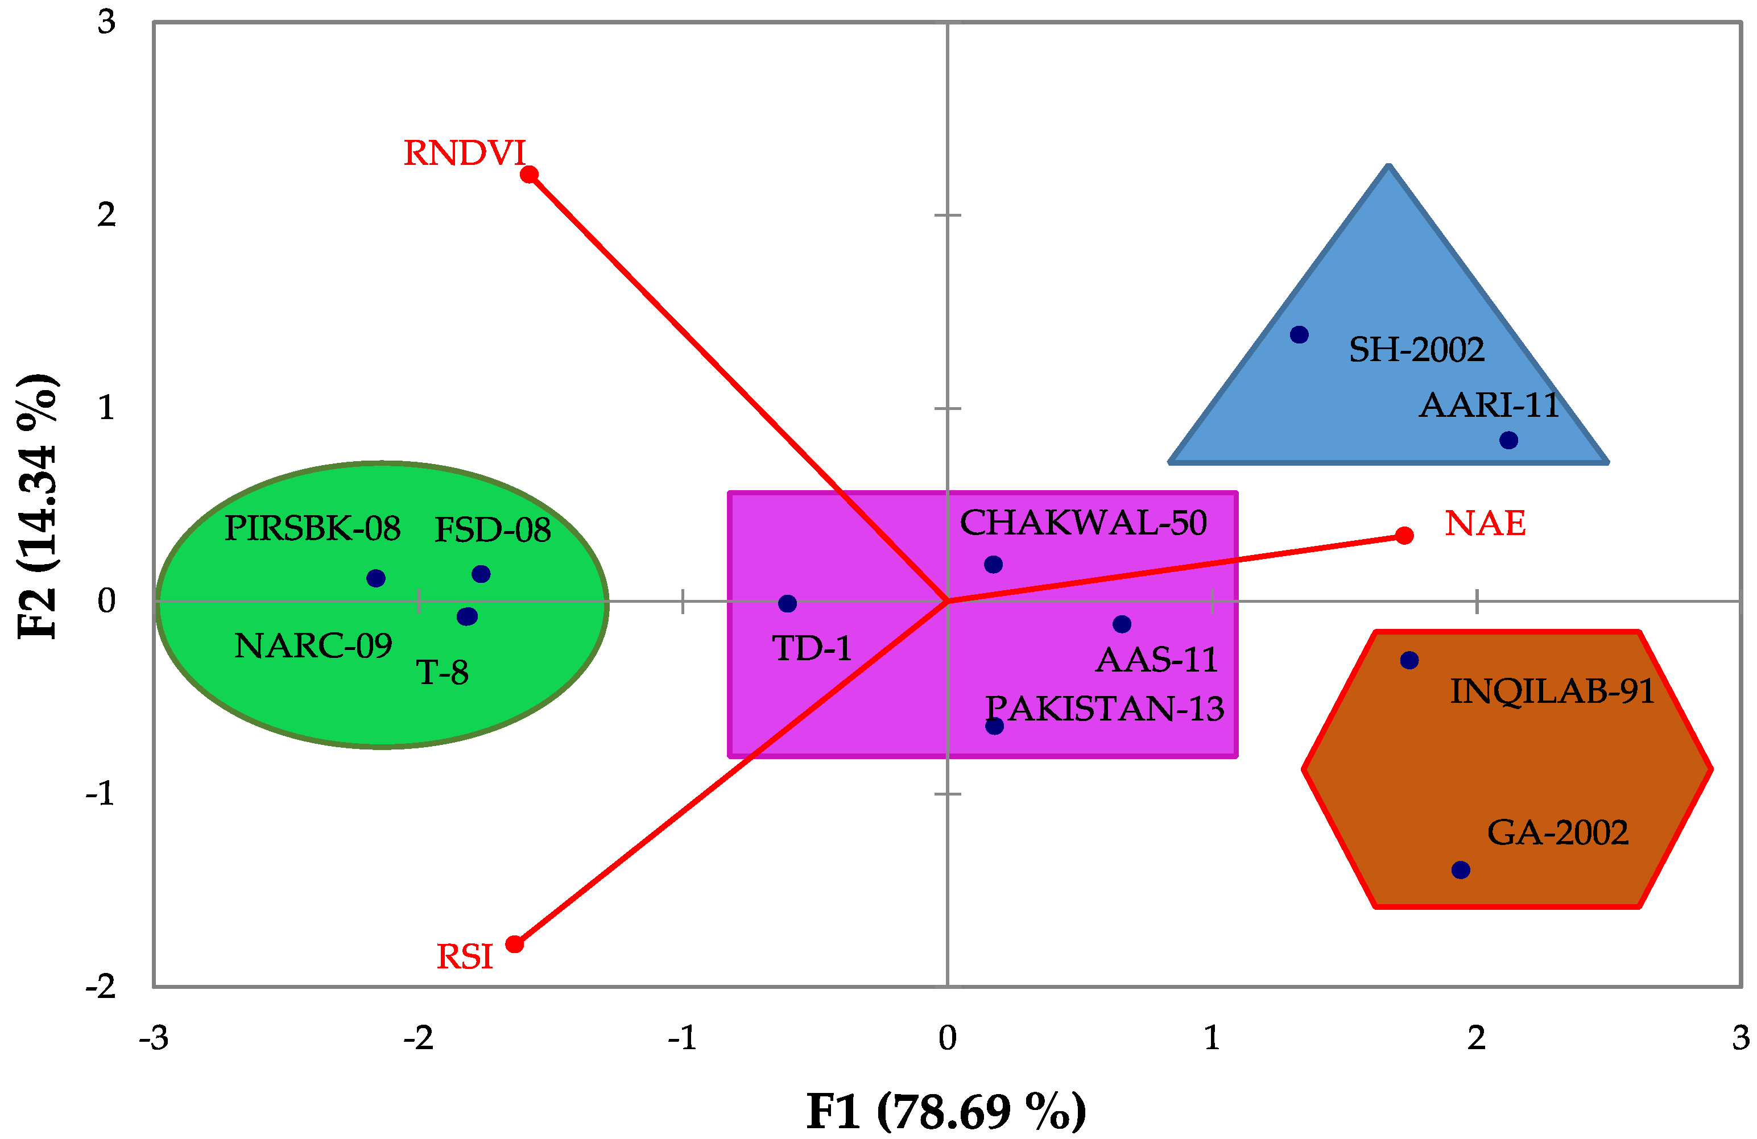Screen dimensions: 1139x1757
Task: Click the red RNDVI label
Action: pyautogui.click(x=464, y=154)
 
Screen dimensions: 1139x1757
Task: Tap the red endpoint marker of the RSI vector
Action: pyautogui.click(x=515, y=944)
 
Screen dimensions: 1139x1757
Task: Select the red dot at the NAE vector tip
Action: pyautogui.click(x=1405, y=535)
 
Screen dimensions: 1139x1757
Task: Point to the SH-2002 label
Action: pyautogui.click(x=1416, y=350)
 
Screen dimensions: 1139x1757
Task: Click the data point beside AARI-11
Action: pyautogui.click(x=1509, y=441)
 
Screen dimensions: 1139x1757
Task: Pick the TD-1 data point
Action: pyautogui.click(x=788, y=604)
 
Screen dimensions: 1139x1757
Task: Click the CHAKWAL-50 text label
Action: pyautogui.click(x=1083, y=523)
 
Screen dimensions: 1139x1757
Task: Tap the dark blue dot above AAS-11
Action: pyautogui.click(x=1122, y=624)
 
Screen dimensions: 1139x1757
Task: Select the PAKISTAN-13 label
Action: pyautogui.click(x=1105, y=709)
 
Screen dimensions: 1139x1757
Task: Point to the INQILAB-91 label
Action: pyautogui.click(x=1552, y=691)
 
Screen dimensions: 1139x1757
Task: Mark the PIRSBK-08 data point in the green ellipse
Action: pyautogui.click(x=376, y=578)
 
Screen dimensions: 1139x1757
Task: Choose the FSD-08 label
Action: pyautogui.click(x=493, y=530)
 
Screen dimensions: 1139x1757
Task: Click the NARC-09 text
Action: pyautogui.click(x=313, y=646)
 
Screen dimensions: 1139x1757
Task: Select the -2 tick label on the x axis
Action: pyautogui.click(x=419, y=1038)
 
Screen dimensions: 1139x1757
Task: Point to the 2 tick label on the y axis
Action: pyautogui.click(x=107, y=215)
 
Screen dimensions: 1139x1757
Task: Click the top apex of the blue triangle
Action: pyautogui.click(x=1388, y=167)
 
